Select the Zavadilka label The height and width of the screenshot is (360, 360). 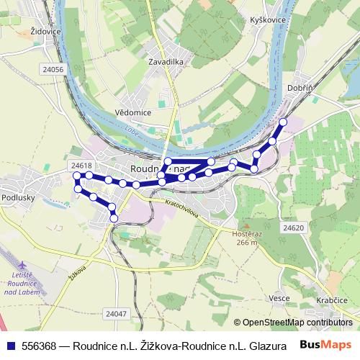[167, 62]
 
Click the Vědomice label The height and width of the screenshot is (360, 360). [132, 113]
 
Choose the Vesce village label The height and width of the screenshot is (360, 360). [278, 298]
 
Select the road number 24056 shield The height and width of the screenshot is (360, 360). [54, 70]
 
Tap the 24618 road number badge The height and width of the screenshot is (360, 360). [81, 166]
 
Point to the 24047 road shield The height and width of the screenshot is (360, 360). [115, 313]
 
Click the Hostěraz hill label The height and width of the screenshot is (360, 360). [245, 238]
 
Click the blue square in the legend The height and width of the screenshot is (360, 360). [10, 346]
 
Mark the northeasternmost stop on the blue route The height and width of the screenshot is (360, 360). [283, 122]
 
